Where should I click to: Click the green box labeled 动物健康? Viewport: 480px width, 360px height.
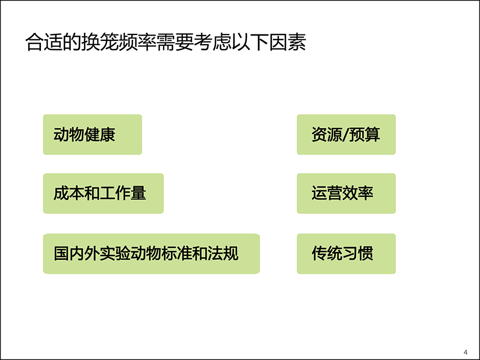tap(92, 135)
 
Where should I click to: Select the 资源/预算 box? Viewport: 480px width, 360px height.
tap(346, 135)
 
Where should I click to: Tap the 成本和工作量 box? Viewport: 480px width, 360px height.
tap(104, 193)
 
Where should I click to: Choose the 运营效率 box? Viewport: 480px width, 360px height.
tap(346, 193)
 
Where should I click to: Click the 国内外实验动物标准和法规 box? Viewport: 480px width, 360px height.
tap(152, 253)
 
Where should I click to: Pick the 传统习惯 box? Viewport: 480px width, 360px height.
tap(346, 253)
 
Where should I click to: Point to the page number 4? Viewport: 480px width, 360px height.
tap(465, 352)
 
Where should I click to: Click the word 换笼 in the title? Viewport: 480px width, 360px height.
tap(100, 42)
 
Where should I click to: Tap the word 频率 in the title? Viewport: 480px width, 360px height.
tap(137, 42)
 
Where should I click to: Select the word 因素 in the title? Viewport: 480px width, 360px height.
tap(287, 42)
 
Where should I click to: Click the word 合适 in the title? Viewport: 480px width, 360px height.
tap(44, 42)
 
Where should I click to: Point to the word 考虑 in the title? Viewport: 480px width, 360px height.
tap(212, 42)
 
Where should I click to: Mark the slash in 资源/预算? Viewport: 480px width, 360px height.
tap(346, 135)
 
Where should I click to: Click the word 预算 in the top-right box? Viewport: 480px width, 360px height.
tap(365, 135)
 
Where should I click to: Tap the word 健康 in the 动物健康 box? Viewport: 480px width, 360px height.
tap(100, 135)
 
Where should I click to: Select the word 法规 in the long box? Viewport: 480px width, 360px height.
tap(223, 253)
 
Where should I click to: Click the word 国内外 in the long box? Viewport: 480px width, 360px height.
tap(77, 253)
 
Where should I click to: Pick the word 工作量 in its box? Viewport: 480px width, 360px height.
tap(123, 193)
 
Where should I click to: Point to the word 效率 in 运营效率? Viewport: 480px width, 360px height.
tap(358, 193)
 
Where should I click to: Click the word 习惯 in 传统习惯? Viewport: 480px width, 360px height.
tap(358, 253)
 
